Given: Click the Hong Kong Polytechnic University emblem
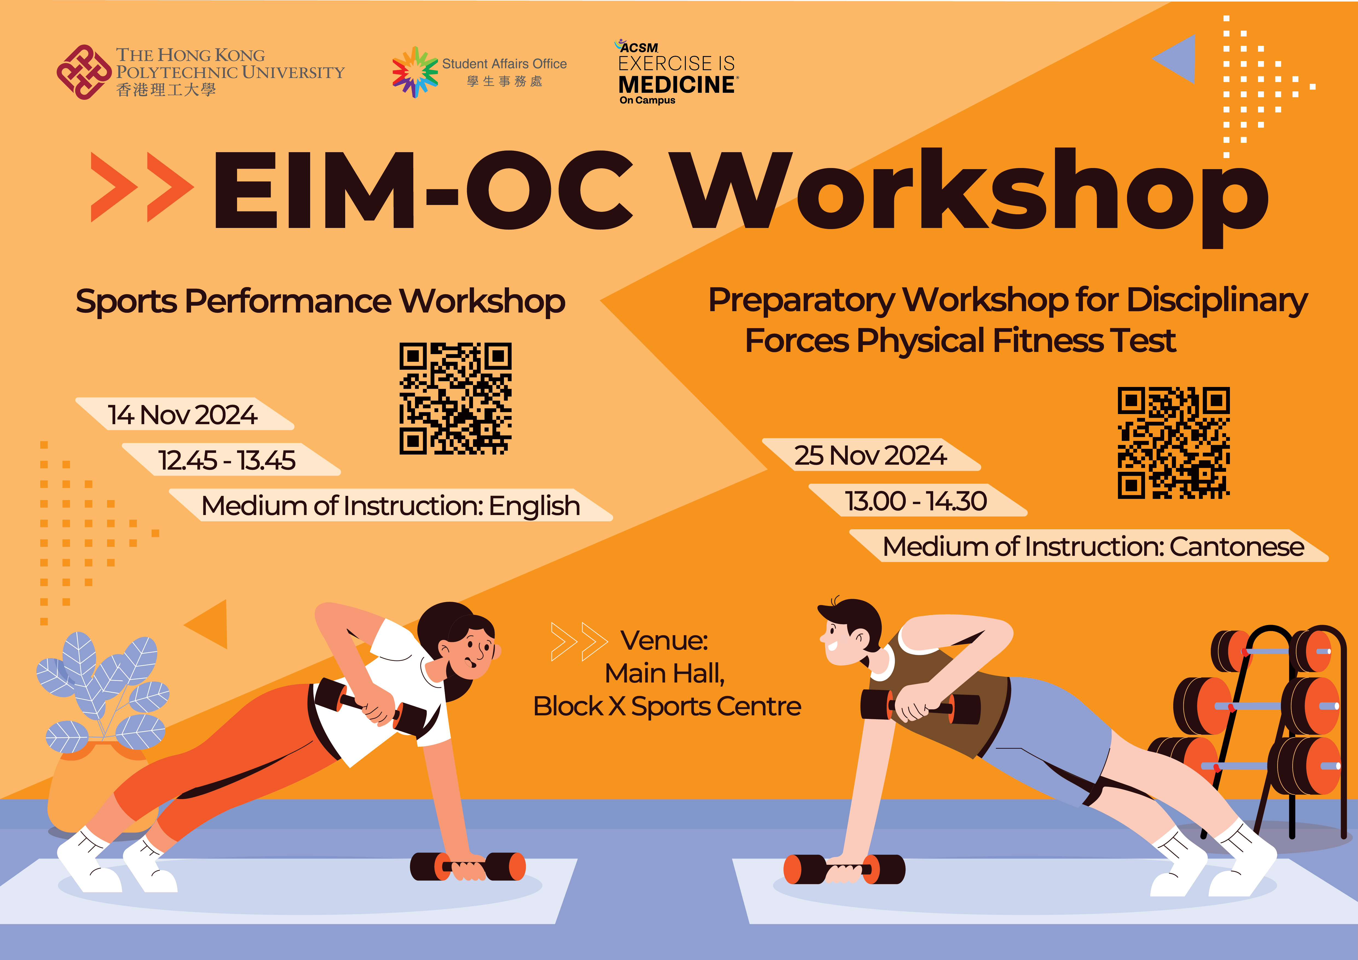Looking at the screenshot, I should tap(84, 72).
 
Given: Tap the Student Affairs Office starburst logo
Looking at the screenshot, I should tap(415, 72).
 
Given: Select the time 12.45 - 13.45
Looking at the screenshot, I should tap(227, 460).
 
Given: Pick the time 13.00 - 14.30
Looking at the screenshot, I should tap(916, 501).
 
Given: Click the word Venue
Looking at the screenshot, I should tap(664, 640).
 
